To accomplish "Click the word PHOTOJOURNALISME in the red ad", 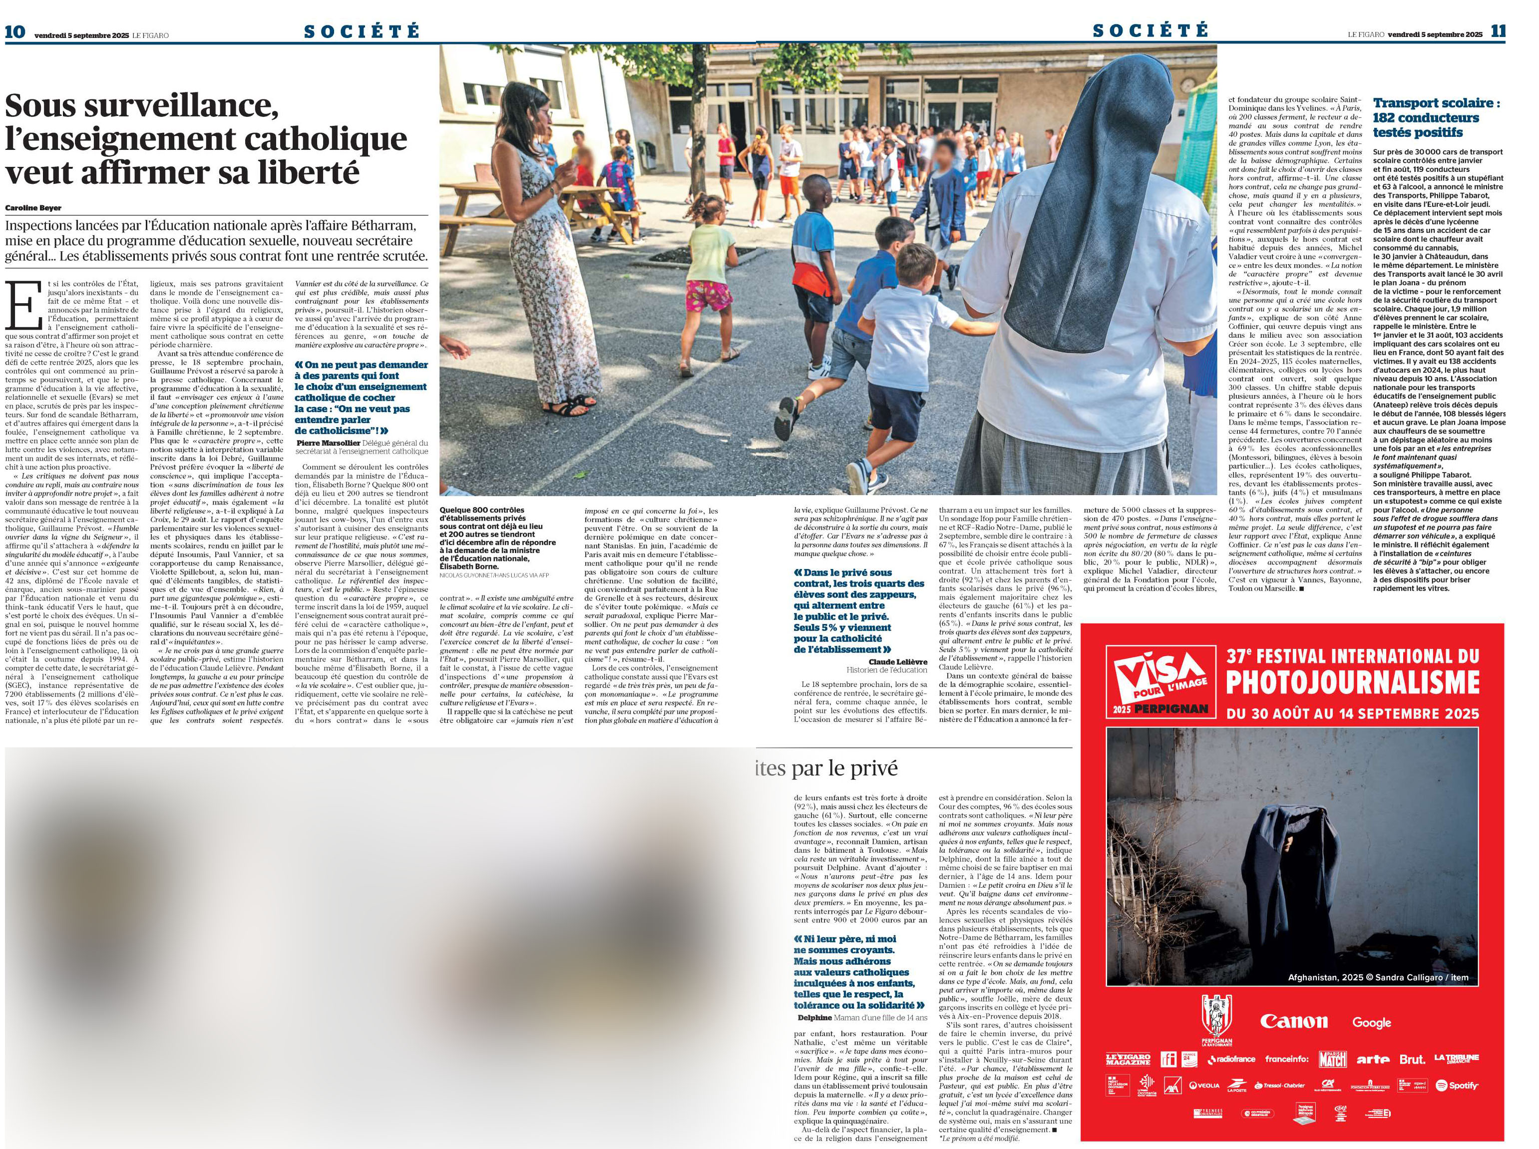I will click(1352, 682).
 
